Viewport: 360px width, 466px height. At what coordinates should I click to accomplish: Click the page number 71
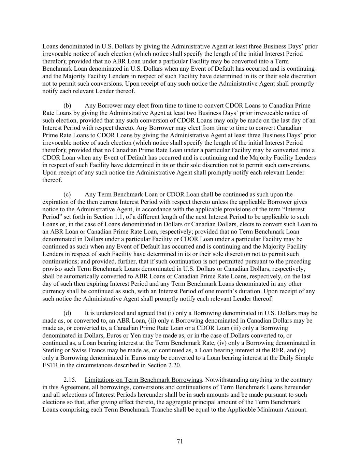pyautogui.click(x=180, y=441)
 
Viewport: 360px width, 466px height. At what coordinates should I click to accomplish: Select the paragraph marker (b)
pyautogui.click(x=67, y=105)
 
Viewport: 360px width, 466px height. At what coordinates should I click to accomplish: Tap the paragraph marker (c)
pyautogui.click(x=67, y=195)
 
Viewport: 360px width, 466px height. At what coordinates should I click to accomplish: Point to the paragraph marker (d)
pyautogui.click(x=67, y=313)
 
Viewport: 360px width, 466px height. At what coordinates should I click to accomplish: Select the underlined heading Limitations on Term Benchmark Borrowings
pyautogui.click(x=143, y=380)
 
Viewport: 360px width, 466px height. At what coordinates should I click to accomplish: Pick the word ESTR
pyautogui.click(x=50, y=365)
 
